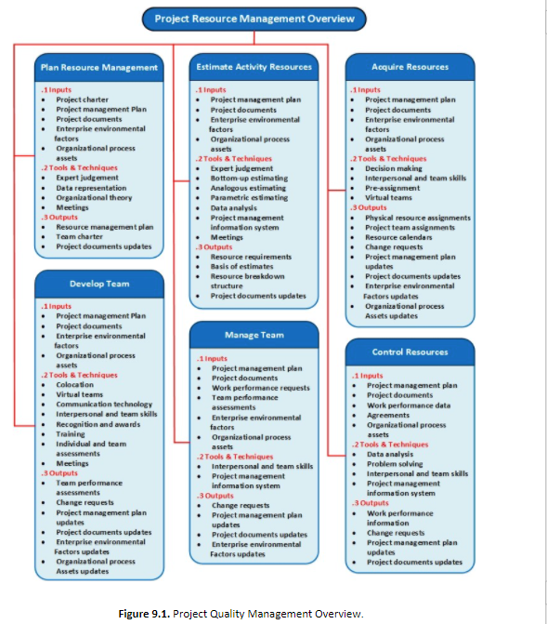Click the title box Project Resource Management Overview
(x=254, y=19)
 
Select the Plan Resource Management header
(x=98, y=67)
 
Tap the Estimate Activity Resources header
(x=254, y=67)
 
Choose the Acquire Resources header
(x=410, y=67)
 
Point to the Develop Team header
(x=98, y=284)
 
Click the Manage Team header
(x=254, y=335)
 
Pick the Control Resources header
(x=410, y=352)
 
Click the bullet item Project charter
(x=82, y=100)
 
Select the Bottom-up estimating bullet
(x=248, y=178)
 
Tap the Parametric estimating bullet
(x=248, y=198)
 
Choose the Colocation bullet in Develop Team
(x=74, y=384)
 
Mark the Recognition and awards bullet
(x=97, y=424)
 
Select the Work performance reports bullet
(x=261, y=388)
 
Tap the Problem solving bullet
(x=394, y=463)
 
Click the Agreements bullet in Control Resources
(x=388, y=416)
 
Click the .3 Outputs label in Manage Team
(x=215, y=496)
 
